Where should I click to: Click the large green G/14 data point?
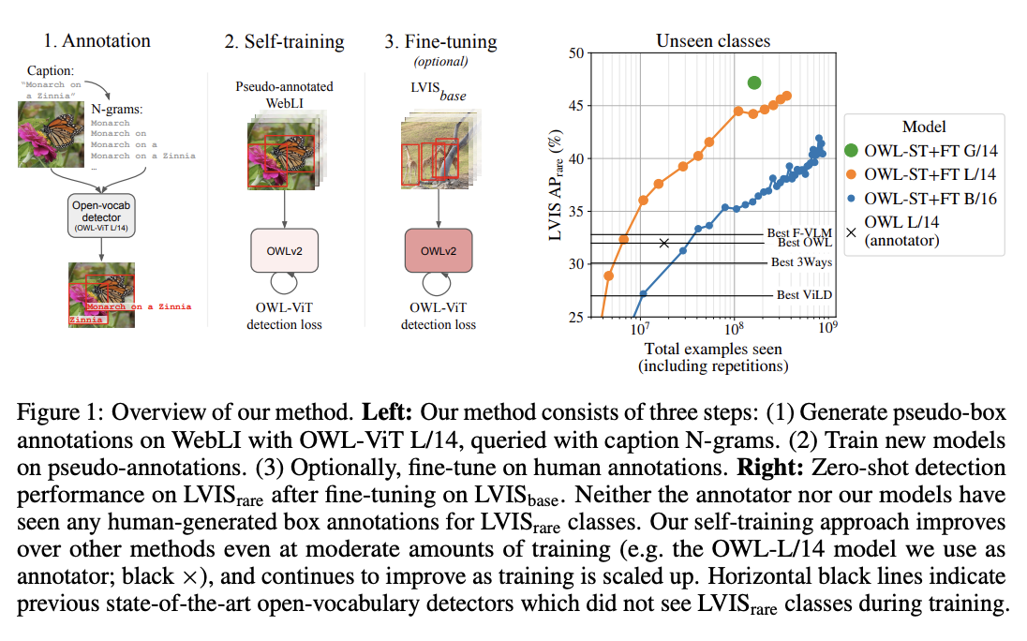754,83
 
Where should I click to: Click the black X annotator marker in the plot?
664,243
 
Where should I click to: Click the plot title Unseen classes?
713,41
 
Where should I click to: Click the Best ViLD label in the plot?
801,294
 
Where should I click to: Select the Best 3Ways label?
801,262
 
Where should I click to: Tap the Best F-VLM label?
797,232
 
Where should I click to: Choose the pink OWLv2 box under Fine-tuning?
439,251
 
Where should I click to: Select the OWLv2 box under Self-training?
284,251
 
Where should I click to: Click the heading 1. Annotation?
97,41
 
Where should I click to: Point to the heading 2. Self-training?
284,42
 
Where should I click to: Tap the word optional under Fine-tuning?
440,62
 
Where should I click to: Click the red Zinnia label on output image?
88,320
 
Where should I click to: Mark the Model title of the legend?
923,127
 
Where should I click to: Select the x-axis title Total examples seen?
713,350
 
